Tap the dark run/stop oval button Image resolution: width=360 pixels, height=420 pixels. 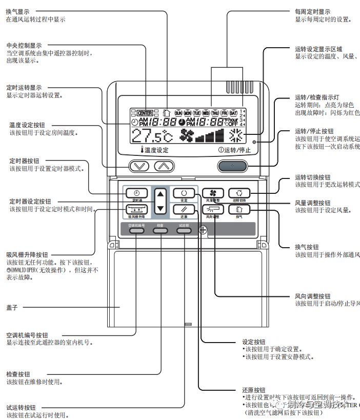tap(233, 166)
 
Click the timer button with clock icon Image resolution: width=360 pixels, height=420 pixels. tap(136, 193)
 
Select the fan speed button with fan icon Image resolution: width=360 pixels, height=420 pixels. tap(212, 193)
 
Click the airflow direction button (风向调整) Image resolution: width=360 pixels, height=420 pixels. tap(212, 209)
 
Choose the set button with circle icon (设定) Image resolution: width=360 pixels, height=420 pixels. tap(184, 193)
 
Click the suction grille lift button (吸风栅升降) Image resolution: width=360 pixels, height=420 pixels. tap(136, 209)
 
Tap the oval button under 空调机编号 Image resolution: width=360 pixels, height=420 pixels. tap(136, 231)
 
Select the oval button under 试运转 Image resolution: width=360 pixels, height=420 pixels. tap(184, 231)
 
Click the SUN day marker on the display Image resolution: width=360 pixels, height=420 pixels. tap(178, 112)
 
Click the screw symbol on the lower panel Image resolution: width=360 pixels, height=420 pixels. tap(203, 230)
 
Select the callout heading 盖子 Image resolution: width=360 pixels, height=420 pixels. tap(12, 307)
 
